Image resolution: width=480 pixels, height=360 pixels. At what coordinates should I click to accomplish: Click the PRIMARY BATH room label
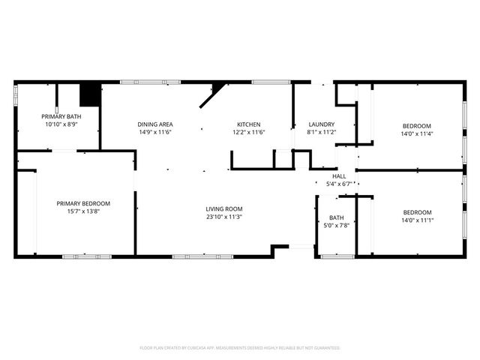(x=61, y=116)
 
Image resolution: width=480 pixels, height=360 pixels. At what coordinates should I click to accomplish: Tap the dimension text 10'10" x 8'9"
(x=61, y=124)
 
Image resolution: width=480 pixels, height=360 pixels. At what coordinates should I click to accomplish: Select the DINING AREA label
(x=155, y=124)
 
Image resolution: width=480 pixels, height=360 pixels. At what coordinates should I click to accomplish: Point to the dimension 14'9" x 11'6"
(x=155, y=132)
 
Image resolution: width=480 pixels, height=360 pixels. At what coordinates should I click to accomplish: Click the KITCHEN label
(x=249, y=124)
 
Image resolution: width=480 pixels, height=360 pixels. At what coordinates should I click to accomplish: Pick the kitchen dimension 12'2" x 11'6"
(x=249, y=132)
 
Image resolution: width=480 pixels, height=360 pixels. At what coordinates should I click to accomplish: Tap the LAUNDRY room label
(x=321, y=124)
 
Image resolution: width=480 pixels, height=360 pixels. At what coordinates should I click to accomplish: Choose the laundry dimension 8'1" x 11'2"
(x=321, y=132)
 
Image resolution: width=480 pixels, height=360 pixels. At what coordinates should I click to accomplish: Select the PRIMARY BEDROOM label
(x=83, y=203)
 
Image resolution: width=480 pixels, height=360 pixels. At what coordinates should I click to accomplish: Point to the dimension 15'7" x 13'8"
(x=83, y=211)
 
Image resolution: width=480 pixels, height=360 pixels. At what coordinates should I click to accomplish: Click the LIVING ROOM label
(x=224, y=208)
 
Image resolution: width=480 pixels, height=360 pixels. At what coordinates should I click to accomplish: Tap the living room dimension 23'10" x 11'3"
(x=224, y=217)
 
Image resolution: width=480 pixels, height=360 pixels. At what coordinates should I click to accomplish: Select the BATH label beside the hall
(x=336, y=217)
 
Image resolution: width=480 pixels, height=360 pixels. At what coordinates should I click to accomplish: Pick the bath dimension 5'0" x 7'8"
(x=336, y=225)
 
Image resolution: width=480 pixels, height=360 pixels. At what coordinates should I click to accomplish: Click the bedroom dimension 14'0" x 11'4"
(x=416, y=133)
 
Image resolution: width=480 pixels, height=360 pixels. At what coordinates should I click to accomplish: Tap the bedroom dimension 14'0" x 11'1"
(x=416, y=220)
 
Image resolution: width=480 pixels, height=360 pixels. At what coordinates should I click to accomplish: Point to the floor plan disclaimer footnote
(x=240, y=348)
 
